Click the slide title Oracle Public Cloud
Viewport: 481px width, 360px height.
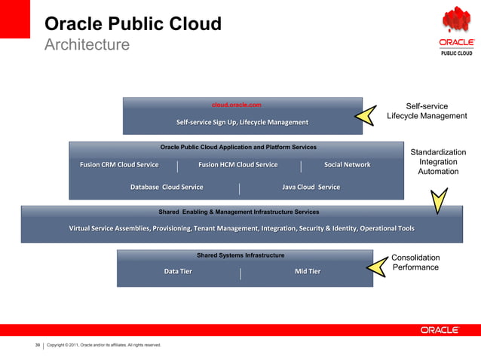(x=133, y=23)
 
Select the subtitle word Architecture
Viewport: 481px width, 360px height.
(x=87, y=45)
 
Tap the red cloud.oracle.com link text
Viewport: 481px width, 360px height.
(x=236, y=105)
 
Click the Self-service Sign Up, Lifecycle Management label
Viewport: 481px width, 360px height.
(x=242, y=122)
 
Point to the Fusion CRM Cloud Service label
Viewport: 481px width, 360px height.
(x=114, y=164)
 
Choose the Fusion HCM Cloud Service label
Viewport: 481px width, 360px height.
(x=237, y=164)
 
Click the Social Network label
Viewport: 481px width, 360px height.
(x=347, y=164)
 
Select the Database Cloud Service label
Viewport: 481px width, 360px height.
(x=167, y=187)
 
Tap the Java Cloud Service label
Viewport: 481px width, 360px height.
(x=311, y=187)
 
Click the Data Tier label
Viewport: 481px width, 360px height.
(x=178, y=271)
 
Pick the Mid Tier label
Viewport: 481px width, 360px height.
(x=307, y=271)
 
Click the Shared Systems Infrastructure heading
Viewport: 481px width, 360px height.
(x=240, y=255)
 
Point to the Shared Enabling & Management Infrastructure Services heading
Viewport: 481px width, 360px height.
(x=238, y=212)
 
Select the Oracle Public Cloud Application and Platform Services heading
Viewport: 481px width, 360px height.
(x=238, y=147)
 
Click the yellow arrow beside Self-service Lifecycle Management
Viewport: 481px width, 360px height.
(x=366, y=115)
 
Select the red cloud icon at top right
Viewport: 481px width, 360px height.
(x=456, y=20)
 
